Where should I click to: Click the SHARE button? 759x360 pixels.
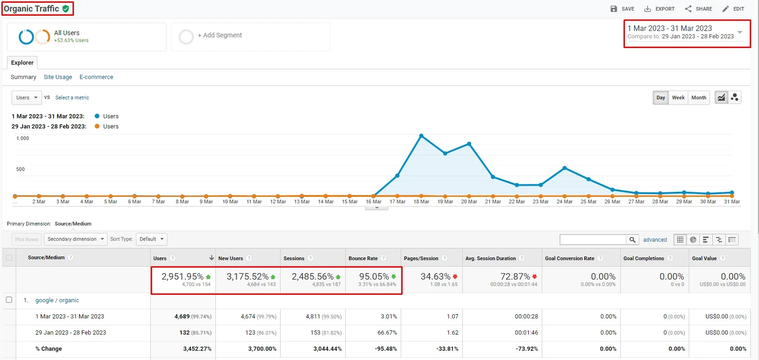pyautogui.click(x=698, y=9)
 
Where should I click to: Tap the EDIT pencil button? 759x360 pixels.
pyautogui.click(x=733, y=9)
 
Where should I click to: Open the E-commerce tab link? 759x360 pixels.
pyautogui.click(x=96, y=77)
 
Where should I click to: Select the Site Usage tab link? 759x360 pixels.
pyautogui.click(x=58, y=77)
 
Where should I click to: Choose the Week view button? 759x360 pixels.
pyautogui.click(x=678, y=98)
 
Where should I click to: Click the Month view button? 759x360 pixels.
pyautogui.click(x=698, y=98)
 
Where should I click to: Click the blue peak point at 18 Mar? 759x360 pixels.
pyautogui.click(x=421, y=136)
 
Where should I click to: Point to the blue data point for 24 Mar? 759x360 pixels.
pyautogui.click(x=564, y=168)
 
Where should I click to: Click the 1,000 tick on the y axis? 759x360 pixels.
pyautogui.click(x=23, y=138)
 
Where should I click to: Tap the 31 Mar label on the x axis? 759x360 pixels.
pyautogui.click(x=732, y=201)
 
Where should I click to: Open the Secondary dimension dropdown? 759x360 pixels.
pyautogui.click(x=75, y=239)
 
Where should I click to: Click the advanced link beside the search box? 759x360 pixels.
pyautogui.click(x=655, y=240)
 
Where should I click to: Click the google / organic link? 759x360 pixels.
pyautogui.click(x=57, y=300)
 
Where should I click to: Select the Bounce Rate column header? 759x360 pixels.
pyautogui.click(x=363, y=258)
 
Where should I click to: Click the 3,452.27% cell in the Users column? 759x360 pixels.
pyautogui.click(x=197, y=349)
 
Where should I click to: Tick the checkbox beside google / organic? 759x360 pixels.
pyautogui.click(x=9, y=300)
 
